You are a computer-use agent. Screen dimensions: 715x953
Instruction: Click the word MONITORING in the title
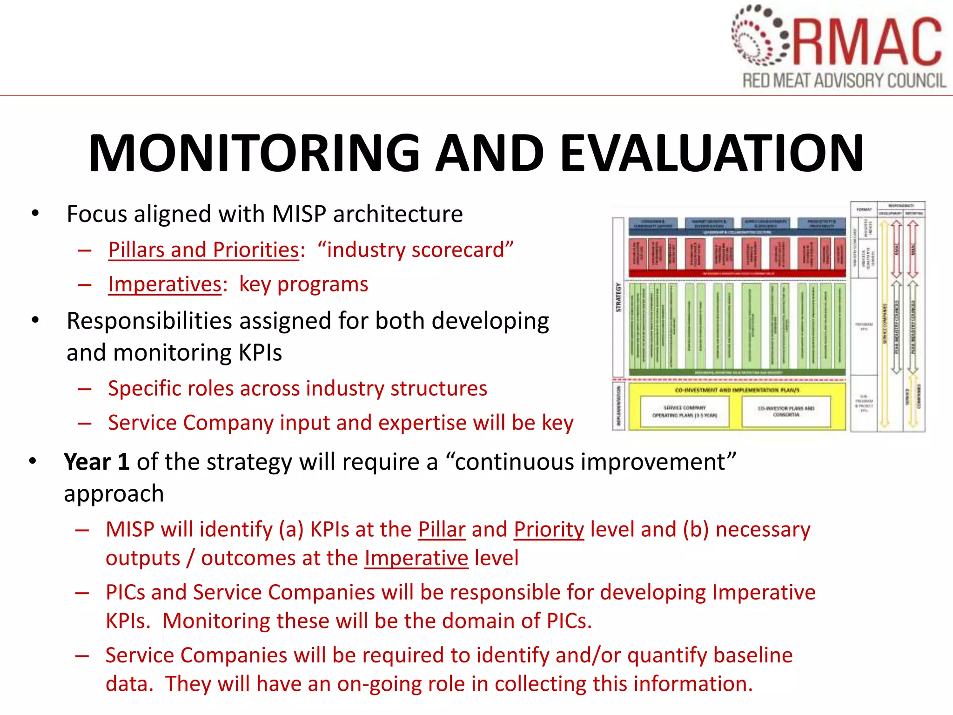click(x=254, y=154)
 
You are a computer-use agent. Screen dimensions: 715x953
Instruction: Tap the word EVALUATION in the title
click(x=712, y=154)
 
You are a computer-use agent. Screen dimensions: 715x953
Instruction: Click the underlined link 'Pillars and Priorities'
click(x=204, y=250)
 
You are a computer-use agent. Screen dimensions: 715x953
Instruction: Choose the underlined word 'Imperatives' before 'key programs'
click(x=165, y=284)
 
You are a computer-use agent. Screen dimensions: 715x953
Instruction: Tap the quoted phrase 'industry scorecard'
click(x=416, y=250)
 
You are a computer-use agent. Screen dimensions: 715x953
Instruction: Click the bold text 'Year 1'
click(x=97, y=462)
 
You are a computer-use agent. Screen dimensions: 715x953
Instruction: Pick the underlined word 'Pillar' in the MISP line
click(x=442, y=530)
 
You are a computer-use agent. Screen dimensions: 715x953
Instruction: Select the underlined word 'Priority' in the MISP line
click(x=549, y=530)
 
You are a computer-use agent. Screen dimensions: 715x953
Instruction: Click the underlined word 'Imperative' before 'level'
click(x=416, y=558)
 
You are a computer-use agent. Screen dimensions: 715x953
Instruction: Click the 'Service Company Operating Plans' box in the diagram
click(x=685, y=411)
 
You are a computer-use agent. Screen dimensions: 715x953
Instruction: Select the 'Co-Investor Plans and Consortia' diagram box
click(x=786, y=411)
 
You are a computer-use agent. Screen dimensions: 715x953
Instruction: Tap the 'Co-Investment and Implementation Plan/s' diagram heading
click(x=737, y=390)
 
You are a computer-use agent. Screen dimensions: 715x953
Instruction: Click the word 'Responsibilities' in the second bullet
click(x=149, y=321)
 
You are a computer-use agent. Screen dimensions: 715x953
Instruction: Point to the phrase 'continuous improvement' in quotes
click(x=591, y=462)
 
